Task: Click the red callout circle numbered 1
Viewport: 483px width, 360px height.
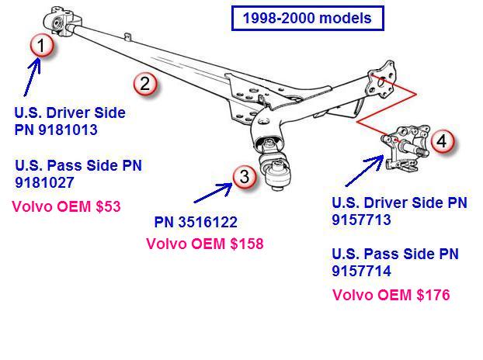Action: [x=42, y=46]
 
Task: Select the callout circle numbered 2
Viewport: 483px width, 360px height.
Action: [x=145, y=84]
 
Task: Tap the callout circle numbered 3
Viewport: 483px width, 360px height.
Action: [x=245, y=177]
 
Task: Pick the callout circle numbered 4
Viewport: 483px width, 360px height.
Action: [x=440, y=141]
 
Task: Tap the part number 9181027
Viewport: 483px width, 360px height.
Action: [x=44, y=183]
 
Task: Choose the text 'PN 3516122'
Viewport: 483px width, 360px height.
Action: [x=195, y=223]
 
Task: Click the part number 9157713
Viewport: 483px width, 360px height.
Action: [x=361, y=220]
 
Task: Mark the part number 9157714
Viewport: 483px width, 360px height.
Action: [x=361, y=271]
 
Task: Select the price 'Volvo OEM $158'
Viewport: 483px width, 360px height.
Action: [x=205, y=244]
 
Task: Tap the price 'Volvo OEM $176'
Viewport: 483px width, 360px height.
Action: [x=391, y=295]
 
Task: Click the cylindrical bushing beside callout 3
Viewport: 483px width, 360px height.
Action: [x=277, y=175]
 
